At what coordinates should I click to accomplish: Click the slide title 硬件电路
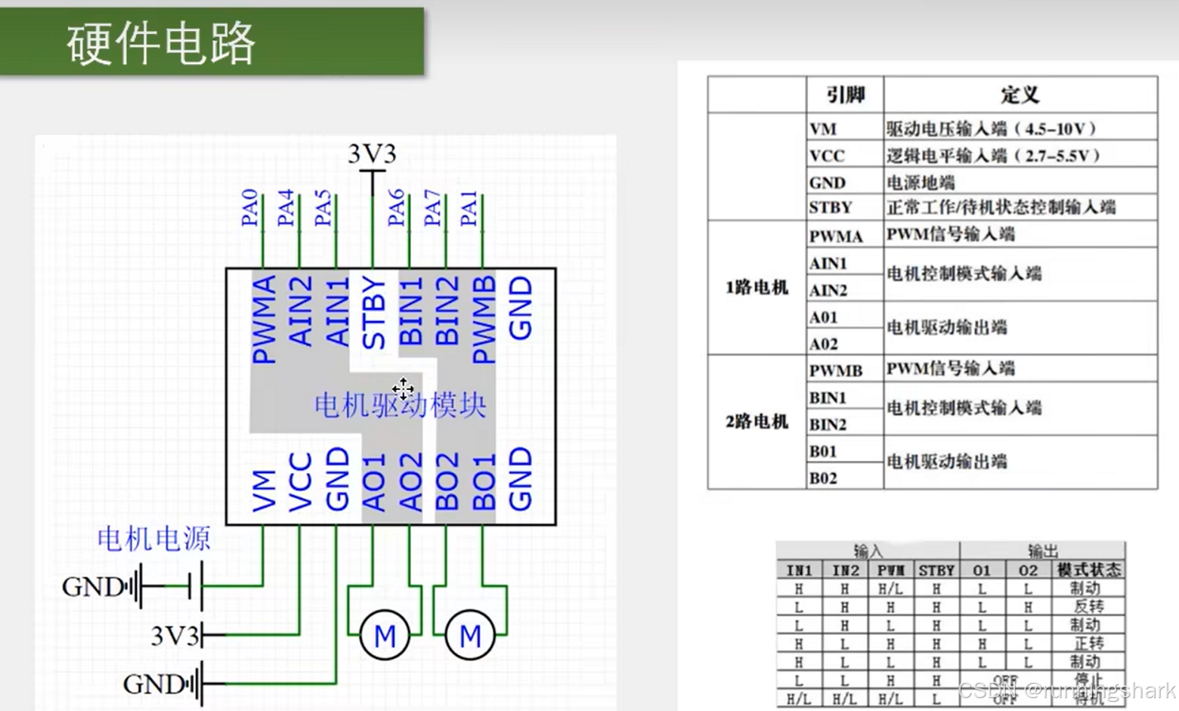(x=161, y=43)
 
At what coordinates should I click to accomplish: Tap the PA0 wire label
(x=249, y=208)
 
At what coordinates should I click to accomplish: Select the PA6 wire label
(x=396, y=208)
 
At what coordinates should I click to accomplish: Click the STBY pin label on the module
(x=374, y=312)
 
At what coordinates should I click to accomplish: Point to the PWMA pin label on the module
(x=264, y=319)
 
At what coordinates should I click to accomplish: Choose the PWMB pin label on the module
(x=484, y=319)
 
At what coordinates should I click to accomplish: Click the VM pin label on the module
(x=264, y=490)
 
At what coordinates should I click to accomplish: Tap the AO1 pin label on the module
(x=374, y=482)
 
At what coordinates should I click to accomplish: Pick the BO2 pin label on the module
(x=447, y=482)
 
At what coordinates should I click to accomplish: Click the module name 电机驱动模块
(x=400, y=406)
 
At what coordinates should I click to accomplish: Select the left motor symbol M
(x=385, y=635)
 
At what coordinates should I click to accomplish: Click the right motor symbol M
(x=470, y=635)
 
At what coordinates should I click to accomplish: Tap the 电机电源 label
(x=153, y=539)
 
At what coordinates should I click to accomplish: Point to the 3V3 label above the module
(x=372, y=154)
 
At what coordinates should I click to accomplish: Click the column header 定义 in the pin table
(x=1020, y=95)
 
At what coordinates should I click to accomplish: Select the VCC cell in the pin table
(x=827, y=156)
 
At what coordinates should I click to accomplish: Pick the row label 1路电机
(x=757, y=288)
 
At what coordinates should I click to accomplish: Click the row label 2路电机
(x=757, y=422)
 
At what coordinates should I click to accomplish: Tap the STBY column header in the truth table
(x=936, y=570)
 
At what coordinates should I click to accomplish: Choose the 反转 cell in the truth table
(x=1088, y=607)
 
